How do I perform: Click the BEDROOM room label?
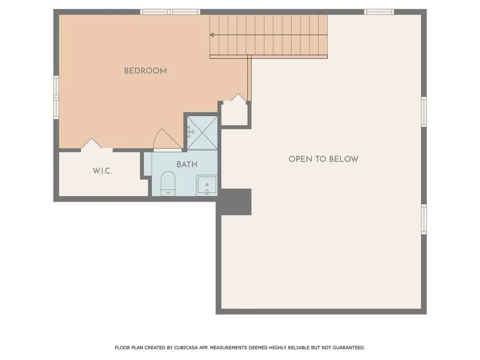(x=145, y=71)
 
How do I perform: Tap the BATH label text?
(x=187, y=165)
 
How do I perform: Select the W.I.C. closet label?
(x=102, y=171)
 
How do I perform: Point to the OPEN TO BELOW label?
(x=323, y=159)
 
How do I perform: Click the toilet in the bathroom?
(x=168, y=183)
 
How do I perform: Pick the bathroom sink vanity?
(x=207, y=186)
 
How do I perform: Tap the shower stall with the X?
(x=202, y=133)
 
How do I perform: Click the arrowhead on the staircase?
(x=212, y=35)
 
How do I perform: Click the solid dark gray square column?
(x=236, y=202)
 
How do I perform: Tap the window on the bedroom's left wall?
(x=56, y=97)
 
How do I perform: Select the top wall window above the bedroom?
(x=170, y=12)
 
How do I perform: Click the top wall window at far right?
(x=379, y=12)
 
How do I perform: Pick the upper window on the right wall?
(x=424, y=112)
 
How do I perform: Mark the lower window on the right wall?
(x=424, y=219)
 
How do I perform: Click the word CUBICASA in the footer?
(x=186, y=348)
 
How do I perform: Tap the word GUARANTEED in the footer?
(x=349, y=348)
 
